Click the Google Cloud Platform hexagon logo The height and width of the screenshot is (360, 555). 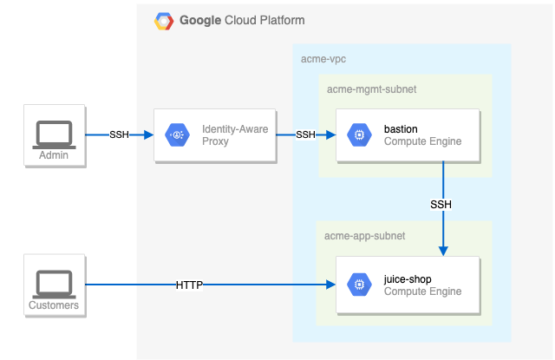click(x=163, y=21)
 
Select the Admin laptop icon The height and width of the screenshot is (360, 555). click(x=53, y=133)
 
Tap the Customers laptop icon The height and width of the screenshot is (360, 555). click(x=53, y=283)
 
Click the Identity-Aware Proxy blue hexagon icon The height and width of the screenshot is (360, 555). click(x=180, y=134)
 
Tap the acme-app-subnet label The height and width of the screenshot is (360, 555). click(x=364, y=235)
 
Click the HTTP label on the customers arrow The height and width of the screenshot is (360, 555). click(x=189, y=285)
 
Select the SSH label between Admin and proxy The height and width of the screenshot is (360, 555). click(x=120, y=134)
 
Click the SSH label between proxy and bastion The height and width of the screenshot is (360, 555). click(x=306, y=134)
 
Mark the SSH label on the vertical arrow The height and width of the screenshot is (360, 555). click(x=441, y=205)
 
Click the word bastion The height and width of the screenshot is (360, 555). click(x=401, y=128)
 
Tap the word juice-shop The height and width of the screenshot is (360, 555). click(x=408, y=279)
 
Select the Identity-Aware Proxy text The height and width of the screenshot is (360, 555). click(x=235, y=134)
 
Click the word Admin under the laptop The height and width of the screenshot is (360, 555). click(x=53, y=156)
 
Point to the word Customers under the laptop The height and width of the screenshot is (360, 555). click(x=54, y=305)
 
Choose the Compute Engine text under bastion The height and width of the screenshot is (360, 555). click(x=422, y=141)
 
